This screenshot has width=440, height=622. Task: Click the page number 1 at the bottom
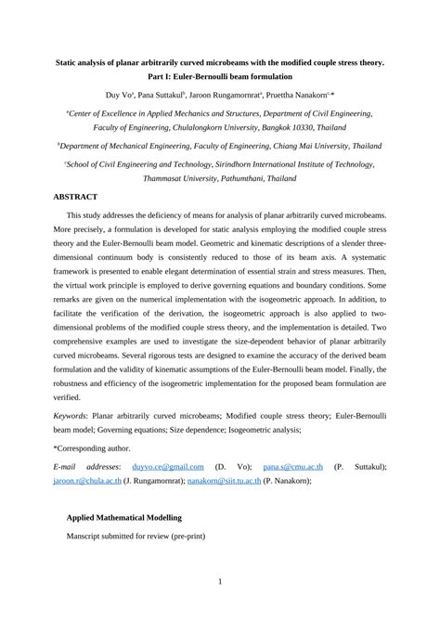220,582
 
